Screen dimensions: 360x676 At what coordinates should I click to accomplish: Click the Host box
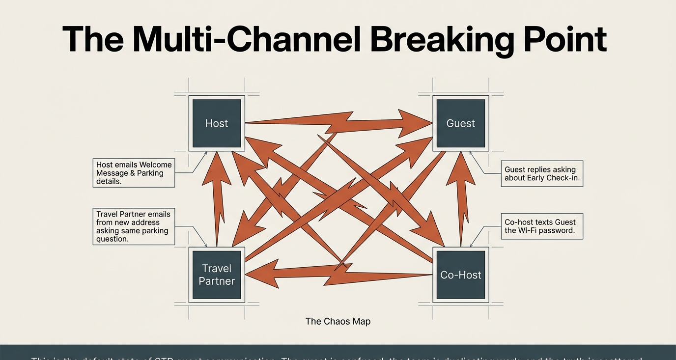(217, 123)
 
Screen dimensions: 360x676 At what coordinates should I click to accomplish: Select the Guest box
(460, 123)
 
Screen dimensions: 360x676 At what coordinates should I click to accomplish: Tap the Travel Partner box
(217, 275)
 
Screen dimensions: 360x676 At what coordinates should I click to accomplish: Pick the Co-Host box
(460, 275)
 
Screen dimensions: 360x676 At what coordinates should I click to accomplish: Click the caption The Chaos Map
(338, 321)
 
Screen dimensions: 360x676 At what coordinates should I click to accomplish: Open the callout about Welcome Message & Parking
(134, 173)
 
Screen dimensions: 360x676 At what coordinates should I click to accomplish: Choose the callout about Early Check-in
(542, 173)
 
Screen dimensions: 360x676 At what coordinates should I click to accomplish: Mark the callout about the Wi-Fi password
(542, 226)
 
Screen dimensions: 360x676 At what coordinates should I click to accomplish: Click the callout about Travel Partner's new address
(134, 226)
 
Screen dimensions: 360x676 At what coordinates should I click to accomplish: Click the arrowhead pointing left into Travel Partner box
(263, 274)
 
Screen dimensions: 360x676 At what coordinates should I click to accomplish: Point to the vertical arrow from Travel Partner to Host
(216, 196)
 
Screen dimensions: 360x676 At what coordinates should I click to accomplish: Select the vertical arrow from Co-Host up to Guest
(460, 196)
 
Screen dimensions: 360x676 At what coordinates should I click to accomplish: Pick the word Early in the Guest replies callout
(539, 178)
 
